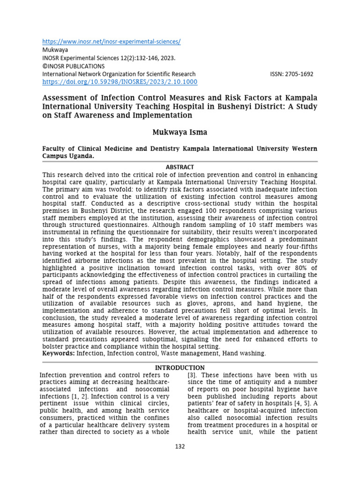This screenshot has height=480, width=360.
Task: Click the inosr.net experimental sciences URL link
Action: (x=111, y=42)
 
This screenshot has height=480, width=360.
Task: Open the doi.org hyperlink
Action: (x=120, y=82)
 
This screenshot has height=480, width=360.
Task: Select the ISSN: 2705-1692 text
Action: (x=292, y=74)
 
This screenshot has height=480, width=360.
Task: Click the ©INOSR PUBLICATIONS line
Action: (x=74, y=66)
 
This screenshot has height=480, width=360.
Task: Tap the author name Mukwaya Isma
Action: (x=180, y=133)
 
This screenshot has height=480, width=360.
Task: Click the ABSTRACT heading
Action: (x=180, y=167)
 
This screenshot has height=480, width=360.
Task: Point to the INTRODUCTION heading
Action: (x=180, y=367)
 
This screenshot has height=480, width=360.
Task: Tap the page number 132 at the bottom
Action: (x=180, y=446)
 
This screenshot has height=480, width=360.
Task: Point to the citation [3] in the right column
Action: (x=192, y=375)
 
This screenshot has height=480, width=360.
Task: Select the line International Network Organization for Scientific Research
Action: (x=119, y=74)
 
